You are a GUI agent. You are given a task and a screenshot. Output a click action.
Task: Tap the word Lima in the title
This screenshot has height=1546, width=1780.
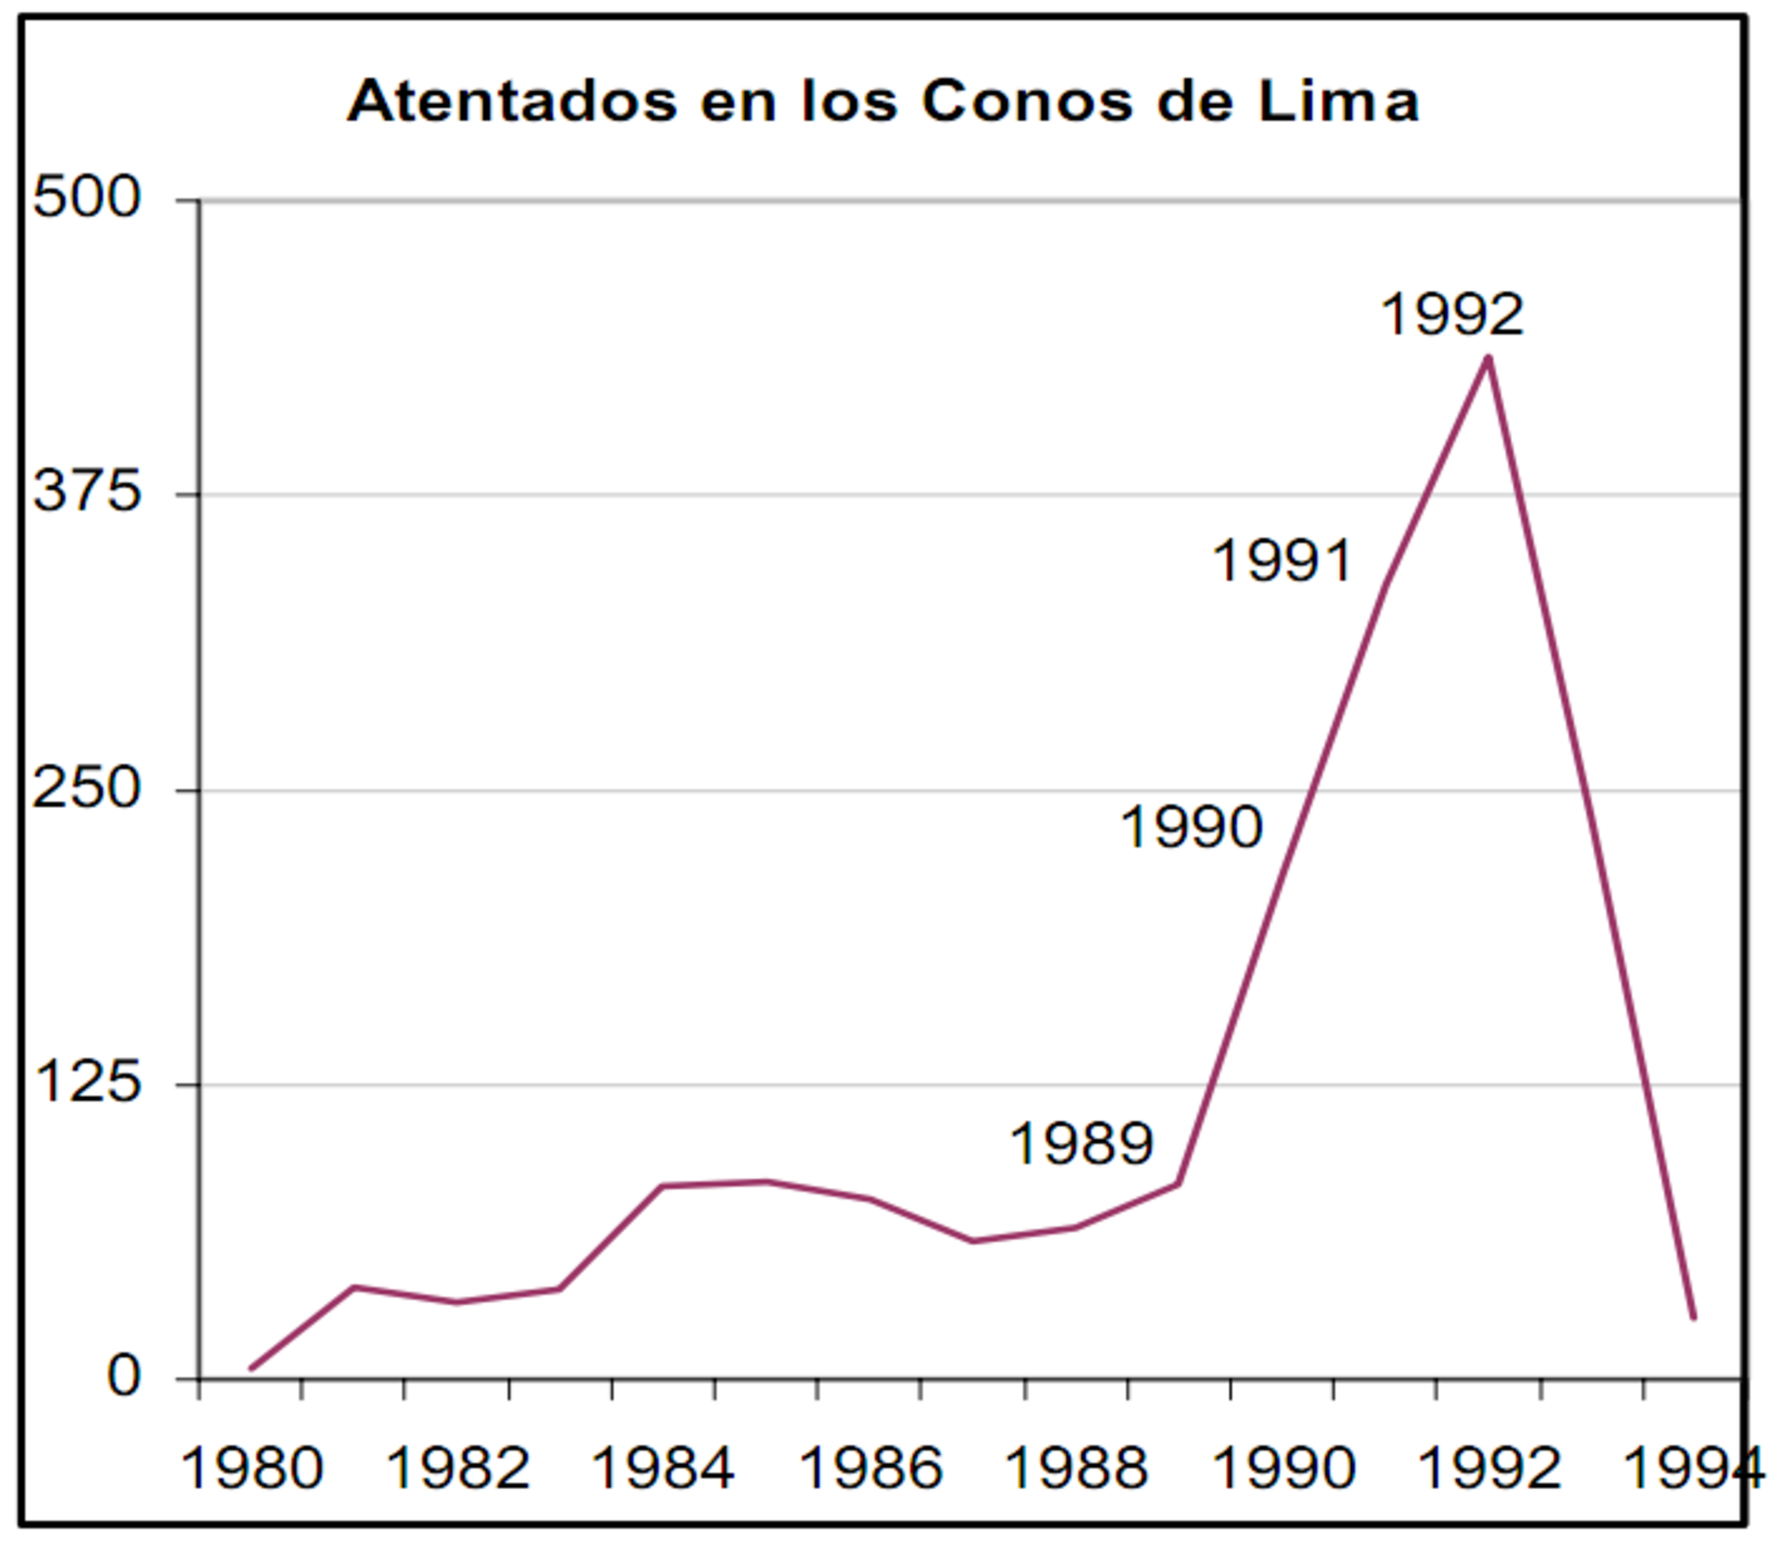click(1337, 101)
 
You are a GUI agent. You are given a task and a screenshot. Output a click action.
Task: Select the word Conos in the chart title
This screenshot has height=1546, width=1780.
click(1027, 101)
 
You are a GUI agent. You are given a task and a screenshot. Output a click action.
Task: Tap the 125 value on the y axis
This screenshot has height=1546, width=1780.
click(87, 1082)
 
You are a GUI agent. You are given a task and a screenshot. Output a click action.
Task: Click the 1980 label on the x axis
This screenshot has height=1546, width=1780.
click(251, 1468)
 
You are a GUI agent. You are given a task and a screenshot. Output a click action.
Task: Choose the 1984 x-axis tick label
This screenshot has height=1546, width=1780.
click(663, 1468)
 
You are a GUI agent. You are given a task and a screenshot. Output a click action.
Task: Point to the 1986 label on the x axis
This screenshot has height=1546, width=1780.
click(871, 1468)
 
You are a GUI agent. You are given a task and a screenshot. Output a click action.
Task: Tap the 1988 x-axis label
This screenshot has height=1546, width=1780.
click(1076, 1468)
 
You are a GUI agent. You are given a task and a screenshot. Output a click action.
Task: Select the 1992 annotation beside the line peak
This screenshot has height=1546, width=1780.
click(1453, 314)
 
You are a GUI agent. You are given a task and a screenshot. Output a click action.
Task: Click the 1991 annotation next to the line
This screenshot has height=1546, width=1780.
click(1282, 561)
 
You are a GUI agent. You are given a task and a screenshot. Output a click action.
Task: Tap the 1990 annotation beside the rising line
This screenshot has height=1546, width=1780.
click(1192, 827)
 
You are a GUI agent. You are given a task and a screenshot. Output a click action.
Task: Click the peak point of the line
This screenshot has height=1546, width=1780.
click(1487, 358)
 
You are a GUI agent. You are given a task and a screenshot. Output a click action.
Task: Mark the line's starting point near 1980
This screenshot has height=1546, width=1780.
click(251, 1368)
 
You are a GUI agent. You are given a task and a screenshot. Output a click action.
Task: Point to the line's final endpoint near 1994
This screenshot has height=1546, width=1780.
click(1693, 1317)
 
